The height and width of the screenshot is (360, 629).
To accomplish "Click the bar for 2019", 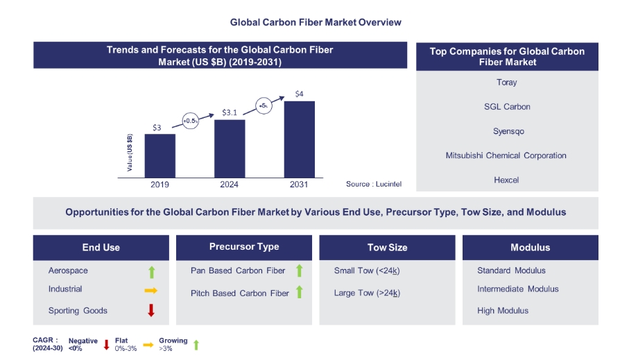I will tap(160, 155).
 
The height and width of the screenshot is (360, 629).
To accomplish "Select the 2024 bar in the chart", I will tap(230, 148).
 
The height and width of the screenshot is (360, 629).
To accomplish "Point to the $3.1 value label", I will tap(230, 112).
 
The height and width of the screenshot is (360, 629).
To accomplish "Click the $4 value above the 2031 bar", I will tap(299, 94).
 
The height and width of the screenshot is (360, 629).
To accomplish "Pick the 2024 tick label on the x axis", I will tap(230, 185).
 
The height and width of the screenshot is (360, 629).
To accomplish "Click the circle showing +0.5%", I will tap(191, 121).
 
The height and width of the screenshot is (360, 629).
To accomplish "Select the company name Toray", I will tap(507, 83).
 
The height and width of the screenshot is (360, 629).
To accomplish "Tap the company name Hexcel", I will tap(507, 180).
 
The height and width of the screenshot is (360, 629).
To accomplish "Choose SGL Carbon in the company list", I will tap(507, 107).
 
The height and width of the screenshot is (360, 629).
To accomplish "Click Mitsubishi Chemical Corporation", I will tap(507, 155).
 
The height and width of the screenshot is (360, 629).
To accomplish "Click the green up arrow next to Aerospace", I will tap(151, 271).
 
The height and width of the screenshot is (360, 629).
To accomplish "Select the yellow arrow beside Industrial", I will tap(150, 290).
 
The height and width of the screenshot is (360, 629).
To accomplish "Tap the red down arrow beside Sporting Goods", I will tap(150, 311).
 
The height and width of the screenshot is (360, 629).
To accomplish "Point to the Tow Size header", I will tap(387, 248).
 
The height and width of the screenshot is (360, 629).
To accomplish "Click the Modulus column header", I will tap(530, 248).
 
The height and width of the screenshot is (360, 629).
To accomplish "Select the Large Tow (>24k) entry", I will tap(367, 293).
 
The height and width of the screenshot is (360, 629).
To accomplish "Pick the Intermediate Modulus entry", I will tap(517, 289).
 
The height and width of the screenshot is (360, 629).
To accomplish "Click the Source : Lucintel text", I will tap(374, 185).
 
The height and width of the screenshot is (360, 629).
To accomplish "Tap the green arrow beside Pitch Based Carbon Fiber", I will tap(300, 293).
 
